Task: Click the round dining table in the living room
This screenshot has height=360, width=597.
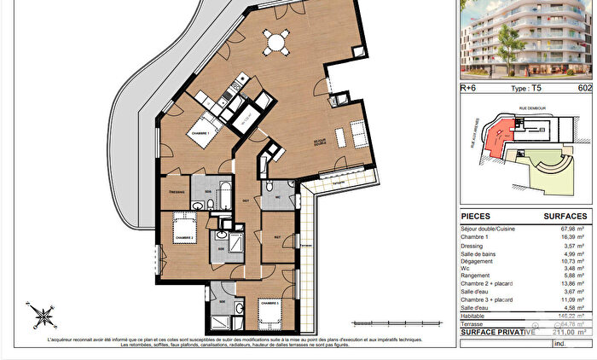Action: pos(275,41)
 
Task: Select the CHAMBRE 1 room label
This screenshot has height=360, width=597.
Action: pos(200,134)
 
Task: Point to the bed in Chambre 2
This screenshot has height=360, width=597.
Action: pos(181,230)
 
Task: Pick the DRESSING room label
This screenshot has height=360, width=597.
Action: pos(175,193)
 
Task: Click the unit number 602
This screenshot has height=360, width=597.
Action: pos(584,87)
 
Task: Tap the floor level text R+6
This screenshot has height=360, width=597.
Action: pos(469,87)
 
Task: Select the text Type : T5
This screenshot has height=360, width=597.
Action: pos(527,87)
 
